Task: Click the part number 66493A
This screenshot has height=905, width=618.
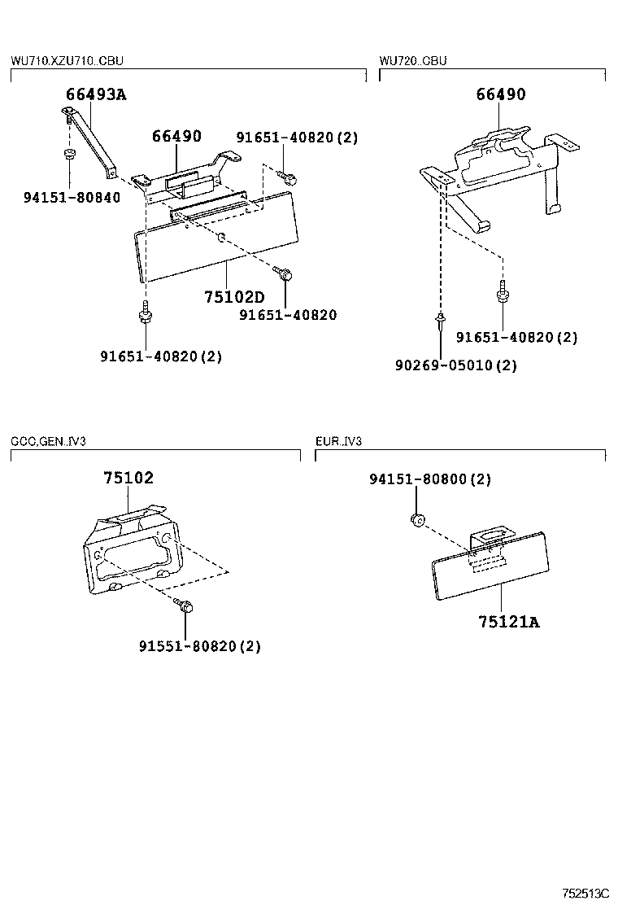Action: pyautogui.click(x=96, y=94)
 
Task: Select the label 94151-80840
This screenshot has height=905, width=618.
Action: pyautogui.click(x=72, y=197)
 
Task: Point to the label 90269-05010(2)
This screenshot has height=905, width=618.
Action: pyautogui.click(x=456, y=365)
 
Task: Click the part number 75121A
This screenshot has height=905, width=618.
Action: pyautogui.click(x=509, y=623)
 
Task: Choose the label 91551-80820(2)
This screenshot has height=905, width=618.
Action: pyautogui.click(x=200, y=646)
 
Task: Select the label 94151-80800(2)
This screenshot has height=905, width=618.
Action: pyautogui.click(x=430, y=479)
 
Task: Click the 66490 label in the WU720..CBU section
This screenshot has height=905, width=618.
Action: pyautogui.click(x=501, y=94)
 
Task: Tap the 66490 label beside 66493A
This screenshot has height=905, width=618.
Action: pyautogui.click(x=176, y=136)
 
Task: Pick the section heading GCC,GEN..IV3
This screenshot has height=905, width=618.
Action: pyautogui.click(x=49, y=441)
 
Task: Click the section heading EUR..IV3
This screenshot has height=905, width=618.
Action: pyautogui.click(x=338, y=441)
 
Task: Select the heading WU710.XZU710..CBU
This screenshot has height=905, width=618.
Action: pyautogui.click(x=67, y=61)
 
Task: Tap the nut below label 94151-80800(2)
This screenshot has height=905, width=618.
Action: pyautogui.click(x=419, y=518)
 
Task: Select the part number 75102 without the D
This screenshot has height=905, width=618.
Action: pyautogui.click(x=128, y=478)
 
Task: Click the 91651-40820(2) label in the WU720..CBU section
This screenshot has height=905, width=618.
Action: pyautogui.click(x=516, y=337)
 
